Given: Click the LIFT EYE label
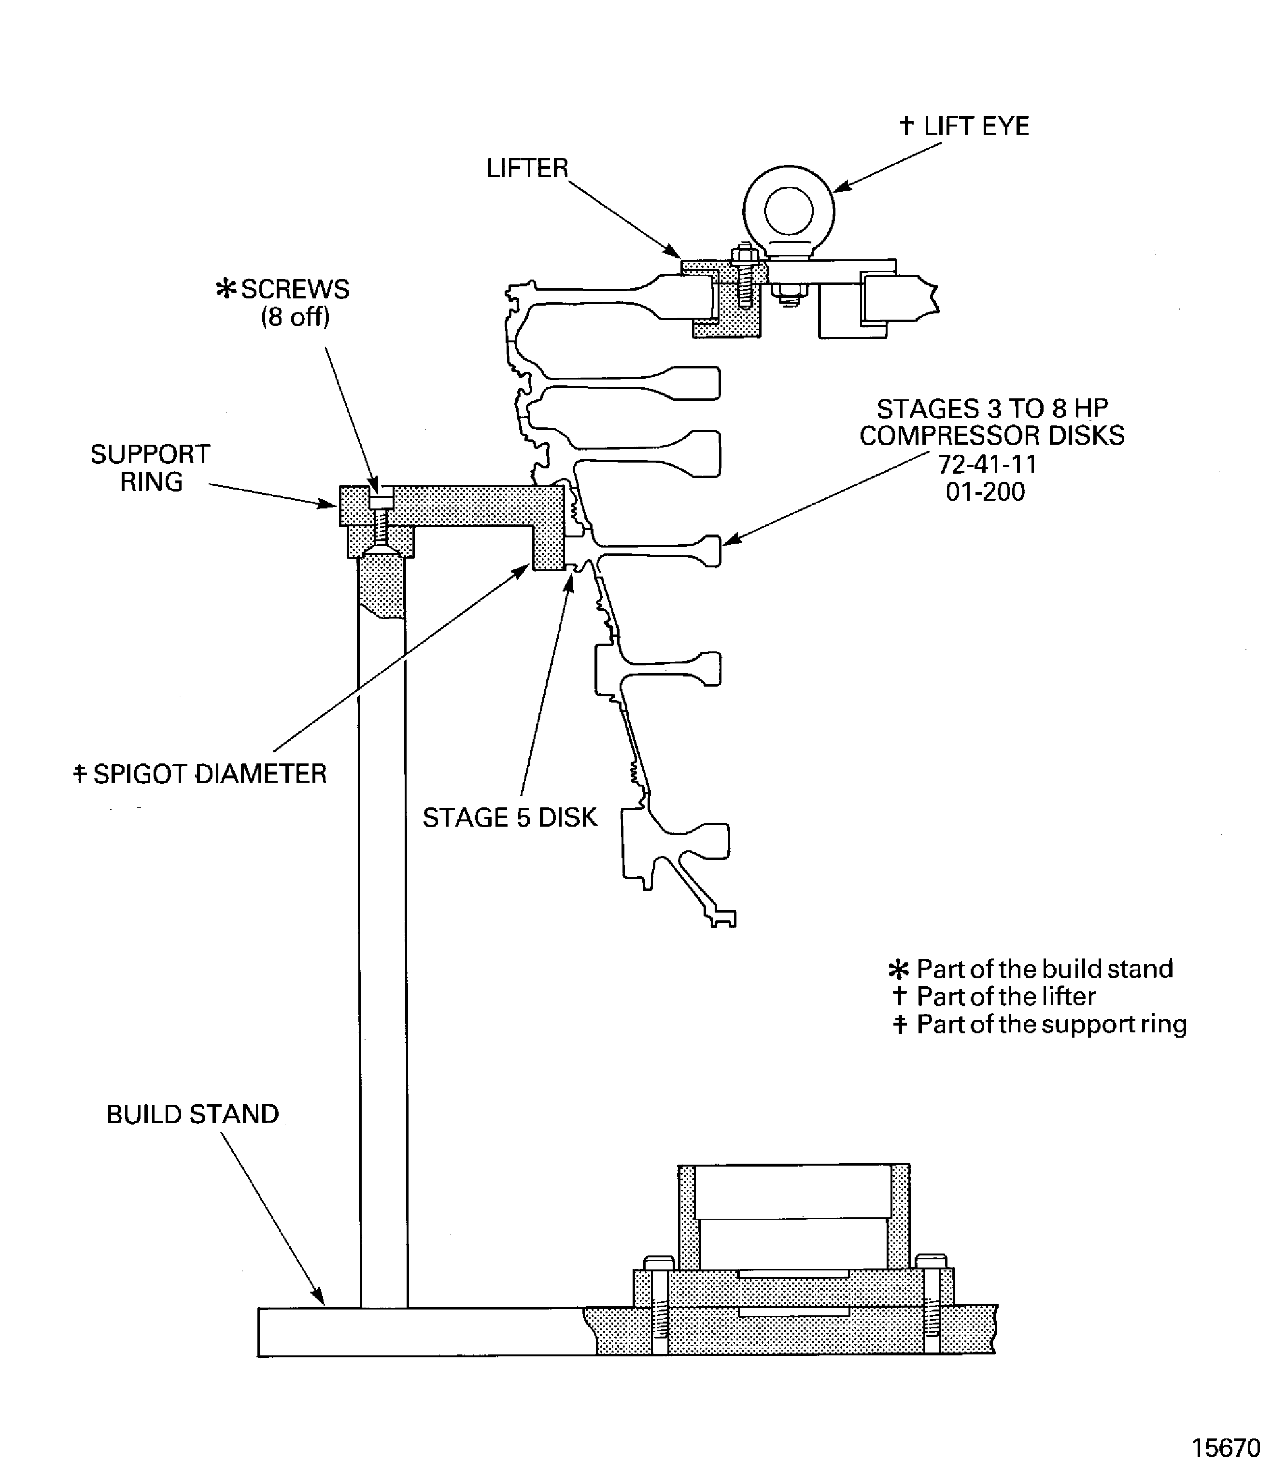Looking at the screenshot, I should (x=965, y=127).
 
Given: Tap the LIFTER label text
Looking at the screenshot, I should (x=527, y=169).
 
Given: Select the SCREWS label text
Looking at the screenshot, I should (x=295, y=289).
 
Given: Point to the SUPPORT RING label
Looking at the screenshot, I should (x=151, y=468).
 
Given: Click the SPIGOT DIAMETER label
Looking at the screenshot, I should (x=201, y=774).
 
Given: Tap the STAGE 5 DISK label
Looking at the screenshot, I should (x=509, y=818).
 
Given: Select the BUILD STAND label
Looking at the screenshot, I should (x=192, y=1114).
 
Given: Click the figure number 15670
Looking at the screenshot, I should (x=1226, y=1448).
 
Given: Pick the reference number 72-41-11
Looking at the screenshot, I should (x=988, y=465).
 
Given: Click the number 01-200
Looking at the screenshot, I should (x=985, y=493).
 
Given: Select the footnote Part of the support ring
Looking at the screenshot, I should (x=1051, y=1025).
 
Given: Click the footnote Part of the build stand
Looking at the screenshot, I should (x=1044, y=969).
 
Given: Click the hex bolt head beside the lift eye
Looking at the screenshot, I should (x=744, y=255).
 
